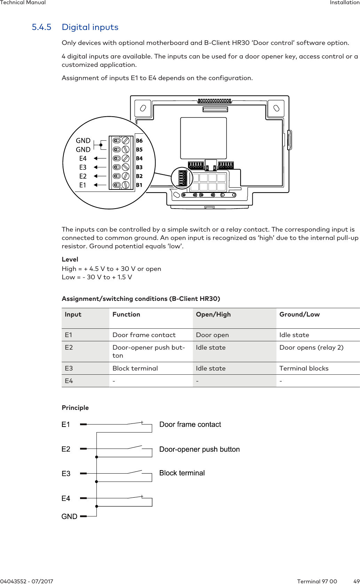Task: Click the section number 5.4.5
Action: (41, 27)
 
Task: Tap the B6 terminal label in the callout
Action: (139, 141)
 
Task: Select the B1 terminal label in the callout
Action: (139, 185)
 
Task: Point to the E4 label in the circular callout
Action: (83, 158)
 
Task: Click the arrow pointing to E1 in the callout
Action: (100, 185)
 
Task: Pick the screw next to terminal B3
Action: (126, 167)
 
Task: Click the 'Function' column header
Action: (126, 314)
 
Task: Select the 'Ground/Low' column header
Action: (299, 314)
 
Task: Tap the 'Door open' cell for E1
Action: (212, 335)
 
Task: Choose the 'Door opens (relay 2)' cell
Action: (311, 348)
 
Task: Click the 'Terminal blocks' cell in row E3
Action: (304, 368)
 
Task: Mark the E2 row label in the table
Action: (69, 348)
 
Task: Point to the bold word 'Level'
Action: (70, 259)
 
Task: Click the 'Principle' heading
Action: (75, 408)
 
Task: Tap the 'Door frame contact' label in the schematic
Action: (190, 425)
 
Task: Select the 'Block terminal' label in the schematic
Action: (182, 473)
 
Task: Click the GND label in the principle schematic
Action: (69, 516)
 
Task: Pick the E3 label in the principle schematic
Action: (66, 474)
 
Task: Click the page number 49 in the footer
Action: (356, 581)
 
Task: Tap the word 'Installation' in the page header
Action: (345, 3)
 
